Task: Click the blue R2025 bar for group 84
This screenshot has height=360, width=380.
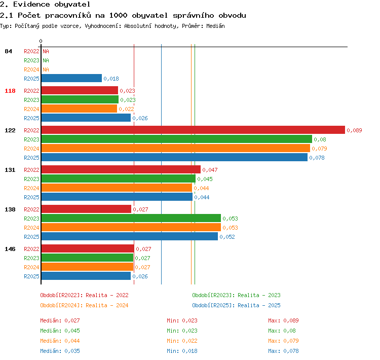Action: [x=71, y=78]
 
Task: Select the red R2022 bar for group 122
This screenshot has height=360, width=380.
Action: [x=193, y=130]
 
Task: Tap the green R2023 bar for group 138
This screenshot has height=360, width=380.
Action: [x=131, y=218]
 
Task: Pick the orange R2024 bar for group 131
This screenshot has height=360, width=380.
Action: [x=117, y=188]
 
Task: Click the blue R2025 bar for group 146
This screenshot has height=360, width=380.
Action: [x=86, y=276]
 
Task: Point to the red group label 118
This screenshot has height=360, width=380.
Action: [x=10, y=91]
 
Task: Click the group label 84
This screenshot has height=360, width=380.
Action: [x=8, y=51]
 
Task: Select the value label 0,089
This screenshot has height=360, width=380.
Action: [x=354, y=130]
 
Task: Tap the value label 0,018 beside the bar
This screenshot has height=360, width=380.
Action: [x=111, y=79]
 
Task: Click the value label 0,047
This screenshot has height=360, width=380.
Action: [x=210, y=170]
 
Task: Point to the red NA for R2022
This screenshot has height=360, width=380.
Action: [x=46, y=51]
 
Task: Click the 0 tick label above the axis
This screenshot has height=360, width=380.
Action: [x=41, y=41]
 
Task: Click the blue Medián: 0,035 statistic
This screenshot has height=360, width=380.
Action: [x=60, y=351]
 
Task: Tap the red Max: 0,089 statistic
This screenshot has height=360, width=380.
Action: [x=283, y=320]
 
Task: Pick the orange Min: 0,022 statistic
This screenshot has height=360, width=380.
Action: [x=182, y=341]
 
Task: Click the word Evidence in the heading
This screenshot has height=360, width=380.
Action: [x=31, y=5]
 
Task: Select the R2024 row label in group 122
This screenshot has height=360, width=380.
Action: [x=31, y=149]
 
